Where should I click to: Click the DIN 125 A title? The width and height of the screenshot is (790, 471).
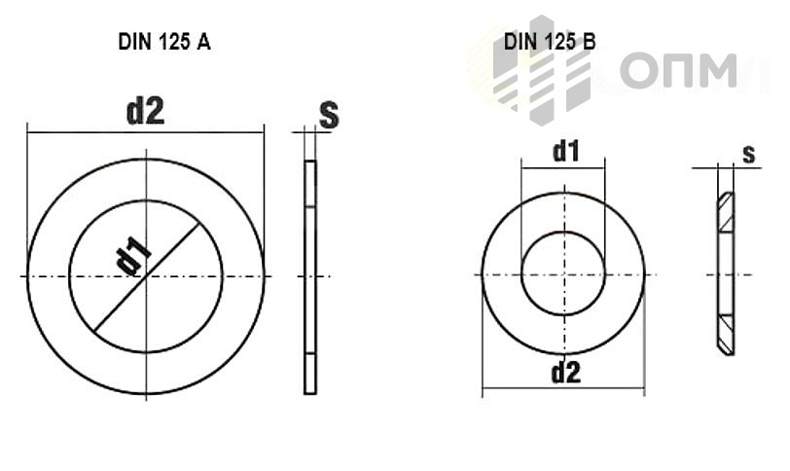164,42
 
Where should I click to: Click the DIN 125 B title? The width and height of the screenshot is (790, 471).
550,41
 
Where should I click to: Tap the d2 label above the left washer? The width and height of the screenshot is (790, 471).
145,112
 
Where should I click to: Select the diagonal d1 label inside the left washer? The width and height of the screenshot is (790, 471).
133,255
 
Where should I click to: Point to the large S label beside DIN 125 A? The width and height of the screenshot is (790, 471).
329,116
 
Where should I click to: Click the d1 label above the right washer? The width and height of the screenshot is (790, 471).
566,151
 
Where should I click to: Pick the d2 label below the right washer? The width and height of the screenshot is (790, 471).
566,373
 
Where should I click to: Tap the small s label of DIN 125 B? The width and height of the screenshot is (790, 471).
749,154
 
